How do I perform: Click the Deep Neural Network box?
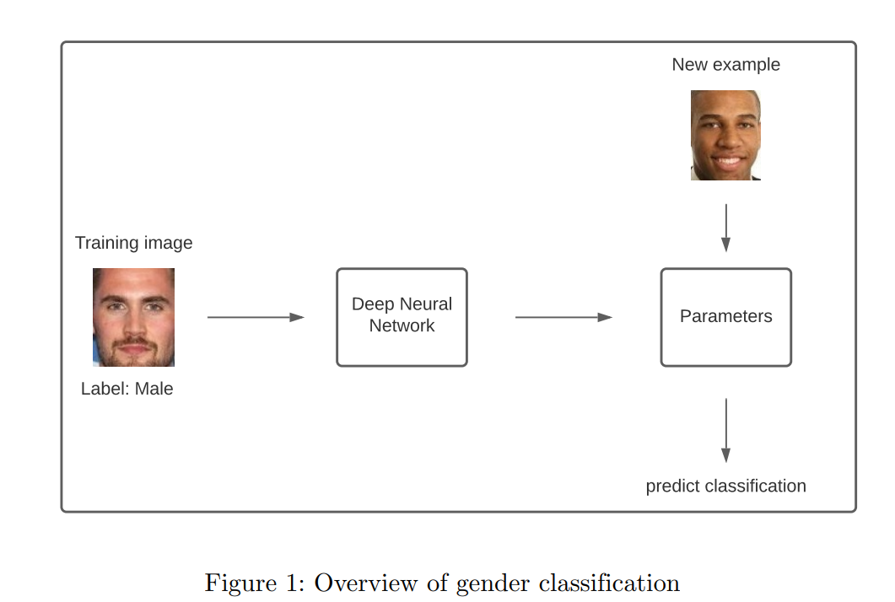[x=402, y=317]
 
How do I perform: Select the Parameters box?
[x=725, y=317]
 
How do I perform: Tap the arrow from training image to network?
[x=255, y=317]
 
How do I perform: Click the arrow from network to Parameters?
[x=563, y=317]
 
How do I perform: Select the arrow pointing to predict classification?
[x=725, y=429]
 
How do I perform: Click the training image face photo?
[x=133, y=317]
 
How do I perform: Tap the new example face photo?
[x=725, y=135]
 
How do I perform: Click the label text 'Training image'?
[x=133, y=243]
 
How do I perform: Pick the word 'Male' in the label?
[x=154, y=389]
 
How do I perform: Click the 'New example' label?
[x=725, y=65]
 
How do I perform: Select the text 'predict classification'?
[x=725, y=486]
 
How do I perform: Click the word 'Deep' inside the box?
[x=372, y=304]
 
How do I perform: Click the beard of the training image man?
[x=133, y=352]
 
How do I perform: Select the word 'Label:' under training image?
[x=105, y=389]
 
